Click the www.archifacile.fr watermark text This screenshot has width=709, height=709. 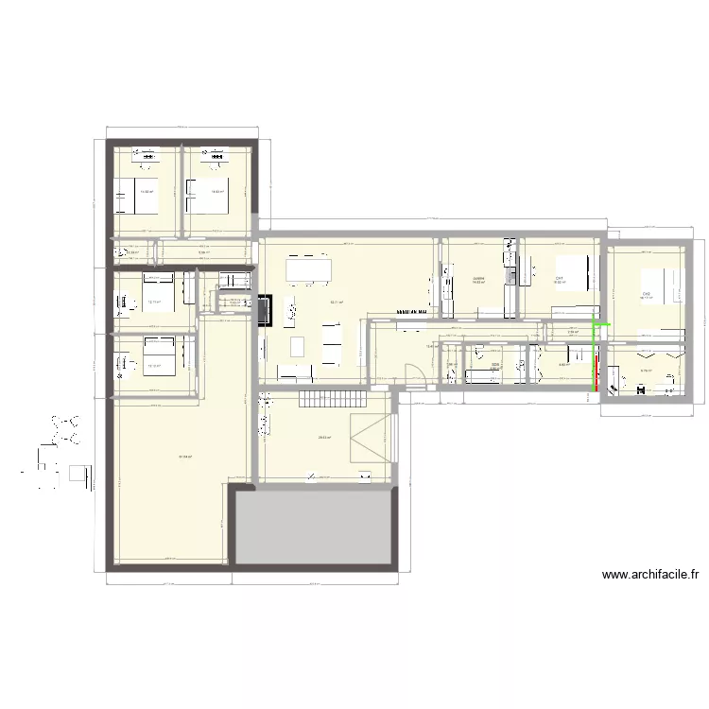pos(649,574)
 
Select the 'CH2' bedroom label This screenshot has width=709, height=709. pos(647,294)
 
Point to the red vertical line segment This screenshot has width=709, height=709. pos(597,370)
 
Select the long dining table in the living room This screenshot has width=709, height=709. pos(309,269)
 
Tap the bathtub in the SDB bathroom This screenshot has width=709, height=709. pos(483,377)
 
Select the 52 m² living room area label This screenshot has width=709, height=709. pos(336,303)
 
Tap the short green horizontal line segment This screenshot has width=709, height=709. pos(600,326)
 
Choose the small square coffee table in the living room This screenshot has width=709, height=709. pos(298,345)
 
